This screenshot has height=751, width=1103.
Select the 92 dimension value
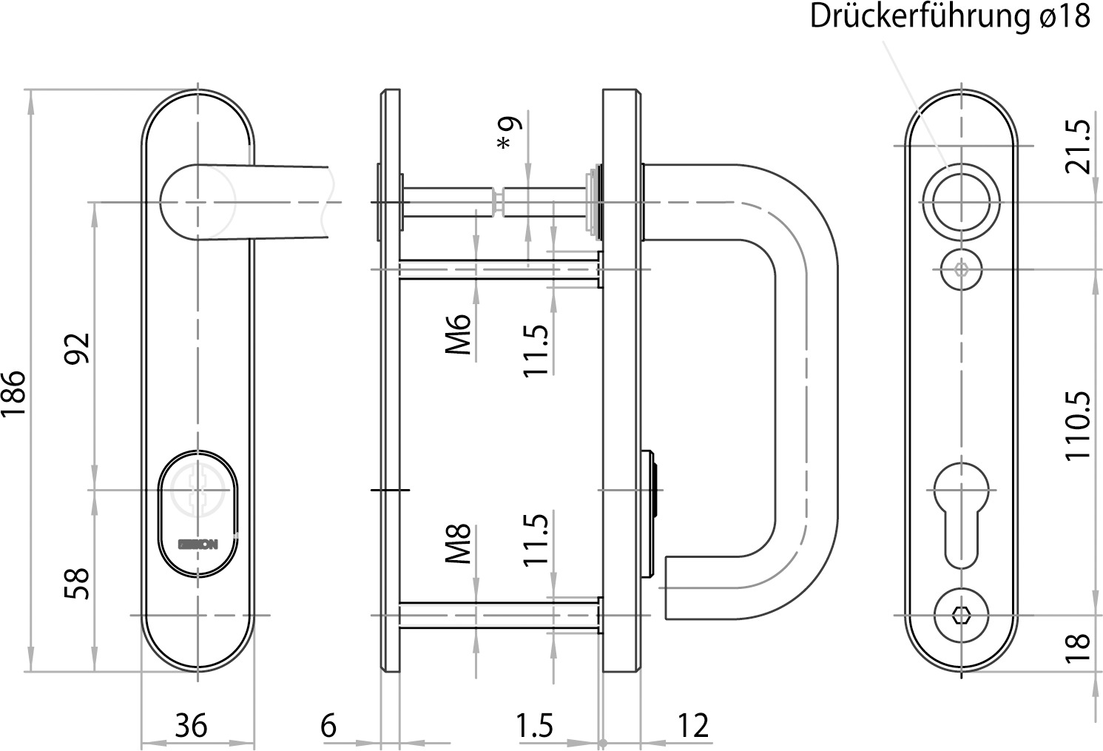pyautogui.click(x=77, y=348)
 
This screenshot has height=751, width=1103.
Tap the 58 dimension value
pyautogui.click(x=77, y=583)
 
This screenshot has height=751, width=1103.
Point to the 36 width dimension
pyautogui.click(x=191, y=726)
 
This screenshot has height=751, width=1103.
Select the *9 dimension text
pyautogui.click(x=510, y=132)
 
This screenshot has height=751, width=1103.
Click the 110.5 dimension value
pyautogui.click(x=1079, y=425)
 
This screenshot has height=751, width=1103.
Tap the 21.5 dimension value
pyautogui.click(x=1079, y=146)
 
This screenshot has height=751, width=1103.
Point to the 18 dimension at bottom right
pyautogui.click(x=1079, y=648)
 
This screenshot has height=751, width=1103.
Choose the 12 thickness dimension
pyautogui.click(x=692, y=726)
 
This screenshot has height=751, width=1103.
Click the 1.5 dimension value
pyautogui.click(x=535, y=726)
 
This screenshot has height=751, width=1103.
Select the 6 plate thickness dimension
pyautogui.click(x=328, y=726)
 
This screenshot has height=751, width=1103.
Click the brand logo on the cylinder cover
pyautogui.click(x=198, y=545)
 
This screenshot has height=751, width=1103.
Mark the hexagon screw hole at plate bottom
pyautogui.click(x=960, y=615)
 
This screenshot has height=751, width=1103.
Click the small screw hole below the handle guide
pyautogui.click(x=960, y=269)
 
